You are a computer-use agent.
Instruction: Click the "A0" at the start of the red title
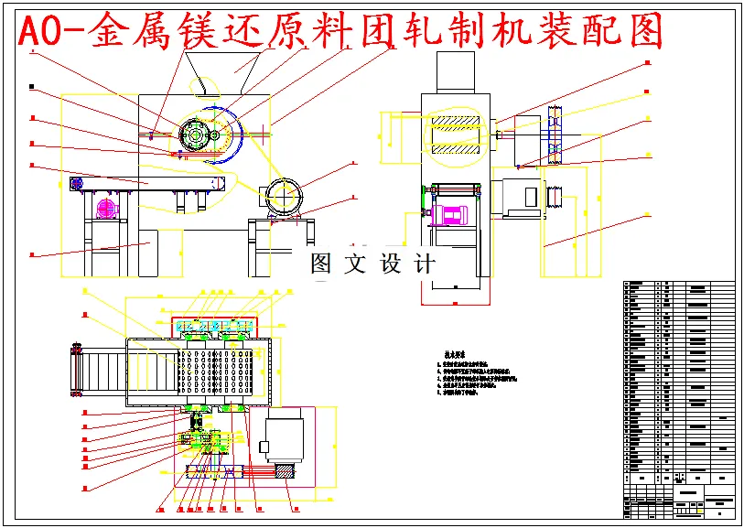pos(40,34)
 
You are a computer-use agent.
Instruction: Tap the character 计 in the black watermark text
pos(425,264)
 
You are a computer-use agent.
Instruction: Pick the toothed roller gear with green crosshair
pos(195,135)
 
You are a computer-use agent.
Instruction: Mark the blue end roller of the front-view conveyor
pos(77,184)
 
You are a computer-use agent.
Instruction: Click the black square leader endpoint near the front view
pos(33,87)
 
